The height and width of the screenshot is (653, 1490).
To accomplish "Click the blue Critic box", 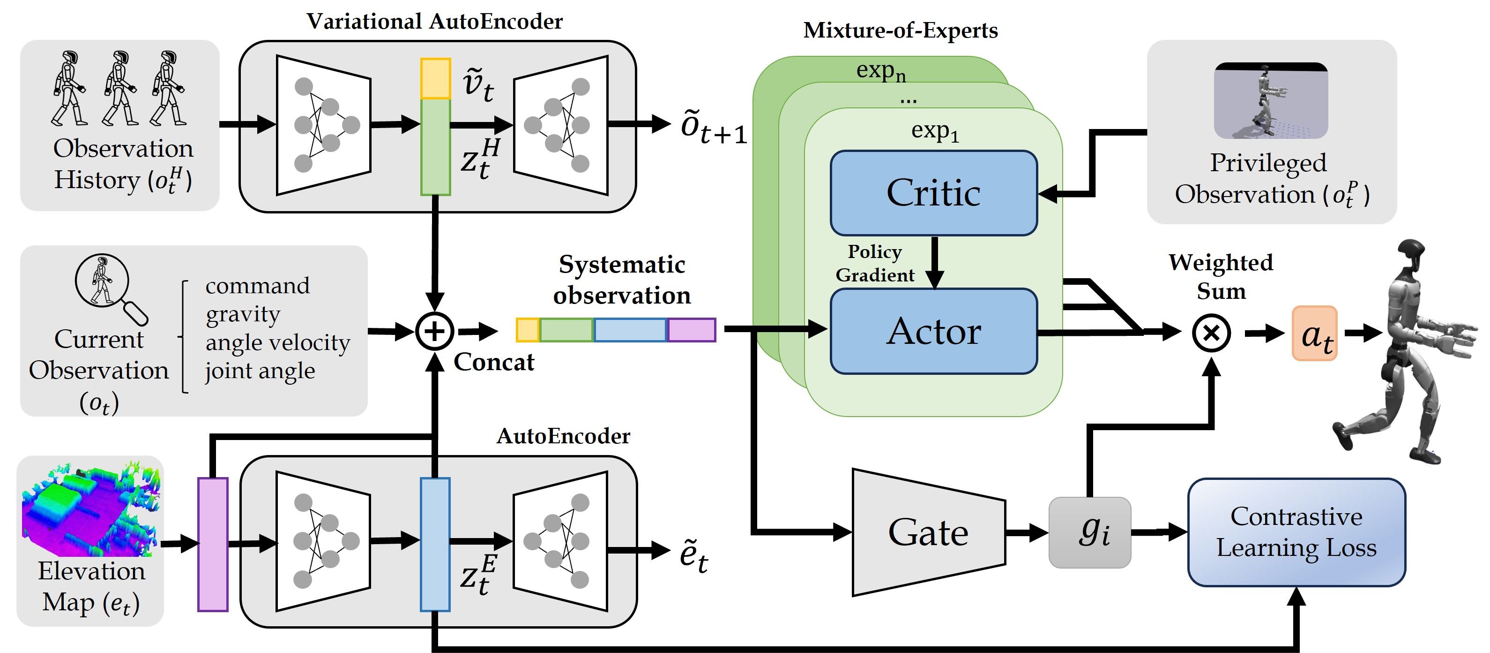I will click(933, 193).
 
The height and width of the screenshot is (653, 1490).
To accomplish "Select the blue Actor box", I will click(933, 331).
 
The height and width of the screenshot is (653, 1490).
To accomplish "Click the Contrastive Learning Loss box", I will click(1296, 532).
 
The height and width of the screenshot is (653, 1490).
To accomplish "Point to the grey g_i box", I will click(1089, 532).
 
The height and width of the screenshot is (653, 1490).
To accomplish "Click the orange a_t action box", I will click(1314, 334).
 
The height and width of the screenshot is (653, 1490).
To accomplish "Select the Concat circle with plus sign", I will click(434, 331).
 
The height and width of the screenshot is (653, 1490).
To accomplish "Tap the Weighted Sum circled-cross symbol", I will click(1211, 333).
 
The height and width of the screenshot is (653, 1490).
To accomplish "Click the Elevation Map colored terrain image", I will click(89, 509).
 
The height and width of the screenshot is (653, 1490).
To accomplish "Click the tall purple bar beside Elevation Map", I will click(212, 544).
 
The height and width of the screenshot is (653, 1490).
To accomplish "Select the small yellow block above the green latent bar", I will click(435, 78).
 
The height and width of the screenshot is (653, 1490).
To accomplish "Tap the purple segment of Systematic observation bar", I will click(691, 330).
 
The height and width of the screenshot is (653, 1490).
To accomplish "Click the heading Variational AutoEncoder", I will click(434, 22).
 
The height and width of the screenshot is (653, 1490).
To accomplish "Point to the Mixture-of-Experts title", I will click(900, 30).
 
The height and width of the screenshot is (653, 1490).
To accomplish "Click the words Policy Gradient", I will click(875, 263).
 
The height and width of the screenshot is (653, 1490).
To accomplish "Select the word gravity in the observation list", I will click(242, 314).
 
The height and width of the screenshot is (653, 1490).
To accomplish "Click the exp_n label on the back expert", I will click(880, 71).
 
